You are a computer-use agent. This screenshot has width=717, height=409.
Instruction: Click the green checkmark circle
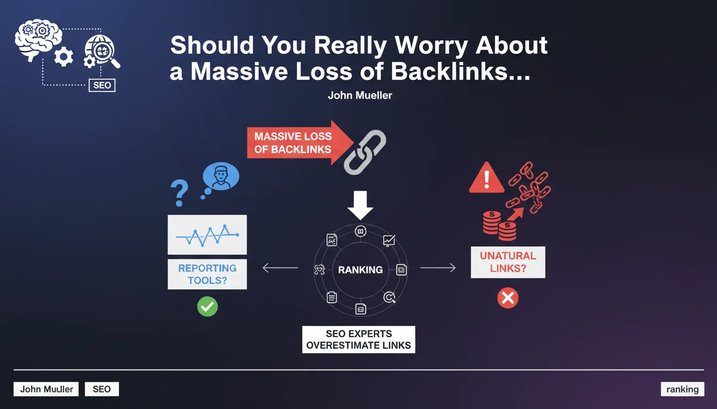[x=207, y=306]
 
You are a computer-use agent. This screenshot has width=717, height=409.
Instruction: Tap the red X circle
[x=507, y=298]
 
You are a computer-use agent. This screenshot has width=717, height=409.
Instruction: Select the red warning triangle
[x=486, y=178]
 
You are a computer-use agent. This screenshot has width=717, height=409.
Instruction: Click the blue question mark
[x=179, y=193]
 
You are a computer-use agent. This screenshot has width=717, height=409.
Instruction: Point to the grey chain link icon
[x=364, y=152]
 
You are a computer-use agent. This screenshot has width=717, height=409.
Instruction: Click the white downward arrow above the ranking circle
[x=360, y=206]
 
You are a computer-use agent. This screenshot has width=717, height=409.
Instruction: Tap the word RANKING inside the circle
[x=360, y=270]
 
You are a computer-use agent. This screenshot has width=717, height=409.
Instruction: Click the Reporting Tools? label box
[x=207, y=274]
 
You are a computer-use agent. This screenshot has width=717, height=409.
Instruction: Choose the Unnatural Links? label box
[x=508, y=262]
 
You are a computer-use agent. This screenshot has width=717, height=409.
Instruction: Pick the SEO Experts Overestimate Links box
[x=359, y=339]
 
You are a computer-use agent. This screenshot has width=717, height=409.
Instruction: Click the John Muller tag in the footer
[x=46, y=389]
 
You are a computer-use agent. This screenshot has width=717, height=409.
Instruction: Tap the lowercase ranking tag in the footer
[x=682, y=389]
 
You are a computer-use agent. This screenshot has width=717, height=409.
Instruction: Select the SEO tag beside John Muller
[x=101, y=389]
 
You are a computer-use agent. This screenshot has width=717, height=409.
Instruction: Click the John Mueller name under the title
[x=360, y=96]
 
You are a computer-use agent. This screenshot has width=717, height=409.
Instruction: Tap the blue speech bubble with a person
[x=221, y=177]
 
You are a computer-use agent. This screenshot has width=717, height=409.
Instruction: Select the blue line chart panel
[x=207, y=234]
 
